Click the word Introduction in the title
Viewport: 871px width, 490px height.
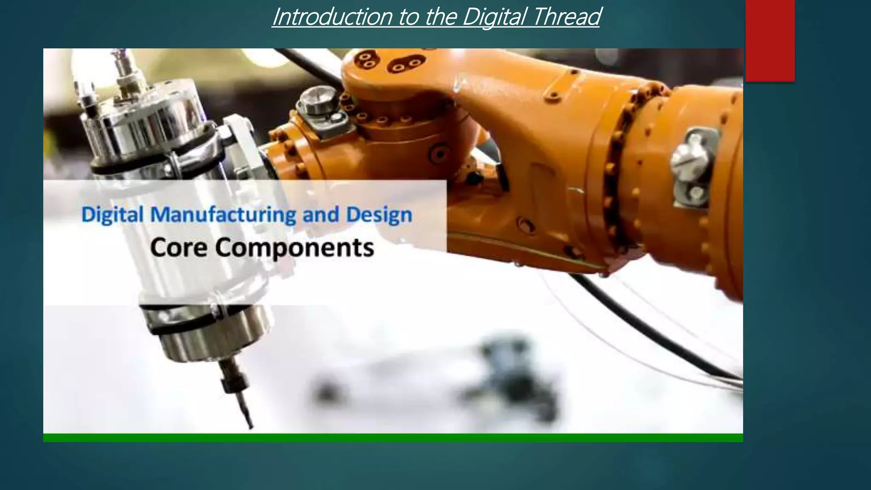332,17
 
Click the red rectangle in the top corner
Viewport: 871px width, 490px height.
770,40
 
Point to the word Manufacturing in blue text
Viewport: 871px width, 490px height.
223,215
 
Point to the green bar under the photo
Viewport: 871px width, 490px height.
393,438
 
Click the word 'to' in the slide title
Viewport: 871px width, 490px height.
406,17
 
